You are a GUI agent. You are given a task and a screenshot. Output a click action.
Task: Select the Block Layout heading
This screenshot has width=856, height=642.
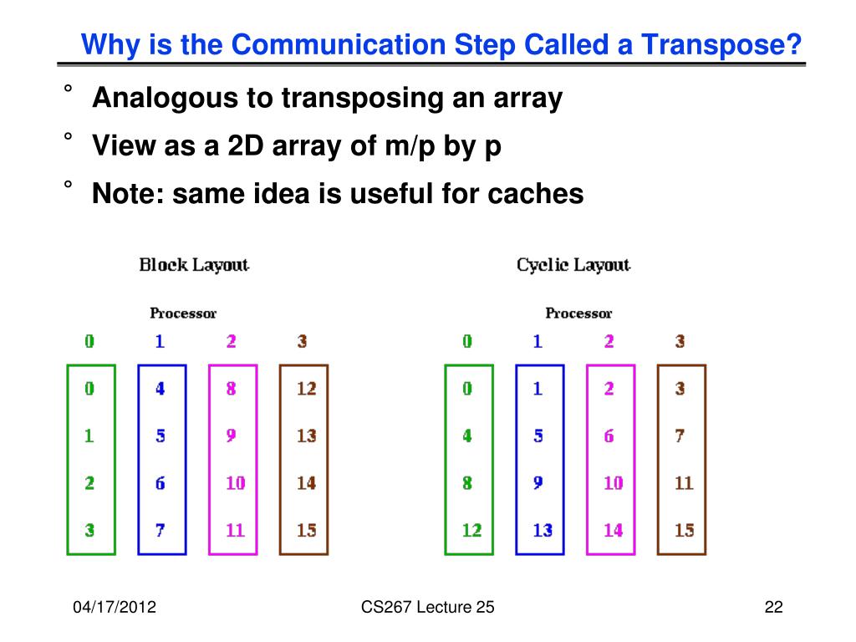click(194, 265)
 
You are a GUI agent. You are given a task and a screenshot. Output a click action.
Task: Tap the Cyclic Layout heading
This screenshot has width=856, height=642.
click(573, 265)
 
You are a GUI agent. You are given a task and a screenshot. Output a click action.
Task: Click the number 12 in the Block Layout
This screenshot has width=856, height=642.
click(306, 389)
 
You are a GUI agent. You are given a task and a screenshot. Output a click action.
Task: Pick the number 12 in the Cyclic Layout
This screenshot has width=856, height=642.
click(471, 530)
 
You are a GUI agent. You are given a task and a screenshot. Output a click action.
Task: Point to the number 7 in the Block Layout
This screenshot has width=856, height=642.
click(160, 530)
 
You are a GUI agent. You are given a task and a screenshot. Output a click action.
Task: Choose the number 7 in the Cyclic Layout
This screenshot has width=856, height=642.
click(680, 436)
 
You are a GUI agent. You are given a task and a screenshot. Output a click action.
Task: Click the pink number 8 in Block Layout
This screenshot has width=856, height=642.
click(231, 389)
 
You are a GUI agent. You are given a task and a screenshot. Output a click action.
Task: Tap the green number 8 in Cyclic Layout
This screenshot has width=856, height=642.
click(467, 483)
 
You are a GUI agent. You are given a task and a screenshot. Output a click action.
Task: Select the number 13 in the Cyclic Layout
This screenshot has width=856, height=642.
click(543, 530)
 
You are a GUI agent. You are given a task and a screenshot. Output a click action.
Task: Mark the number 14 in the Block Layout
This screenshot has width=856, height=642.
click(306, 483)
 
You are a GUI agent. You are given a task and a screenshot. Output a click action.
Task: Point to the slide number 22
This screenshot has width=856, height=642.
click(773, 608)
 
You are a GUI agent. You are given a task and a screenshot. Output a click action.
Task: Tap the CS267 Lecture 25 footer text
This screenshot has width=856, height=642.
click(428, 608)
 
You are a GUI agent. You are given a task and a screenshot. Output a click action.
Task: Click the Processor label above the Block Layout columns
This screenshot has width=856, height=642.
click(183, 313)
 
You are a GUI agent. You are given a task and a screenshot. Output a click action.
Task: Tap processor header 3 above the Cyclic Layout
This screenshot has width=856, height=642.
click(680, 341)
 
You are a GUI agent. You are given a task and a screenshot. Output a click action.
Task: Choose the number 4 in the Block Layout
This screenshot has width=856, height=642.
click(160, 389)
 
